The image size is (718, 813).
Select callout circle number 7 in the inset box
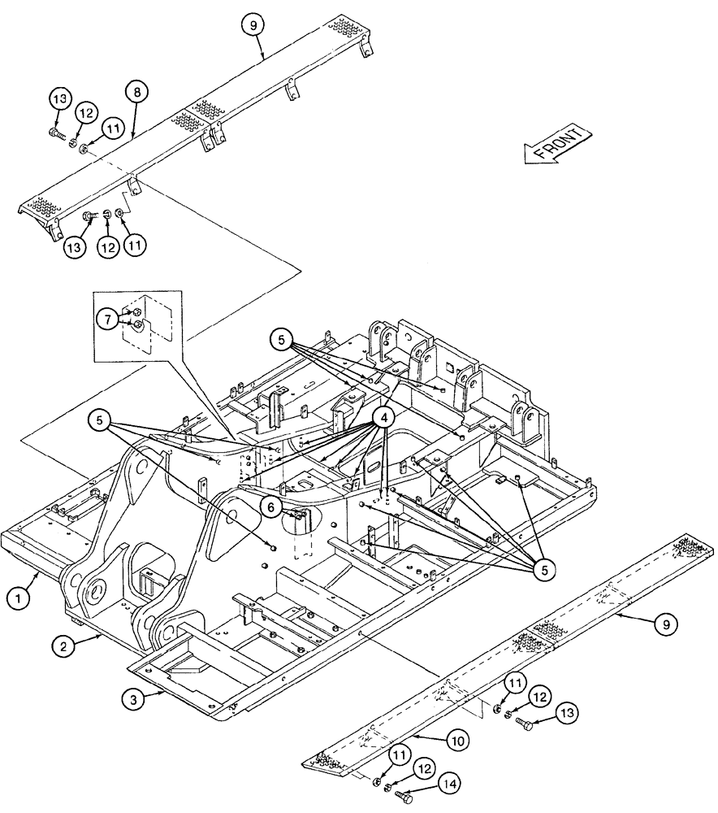108,319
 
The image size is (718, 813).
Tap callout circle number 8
136,93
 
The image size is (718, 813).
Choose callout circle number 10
456,741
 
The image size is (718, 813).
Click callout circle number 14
448,785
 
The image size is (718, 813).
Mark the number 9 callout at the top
253,25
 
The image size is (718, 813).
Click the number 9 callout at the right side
665,624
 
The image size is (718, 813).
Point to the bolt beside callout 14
403,798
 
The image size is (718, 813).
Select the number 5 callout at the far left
100,420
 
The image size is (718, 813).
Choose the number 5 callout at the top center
282,341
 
